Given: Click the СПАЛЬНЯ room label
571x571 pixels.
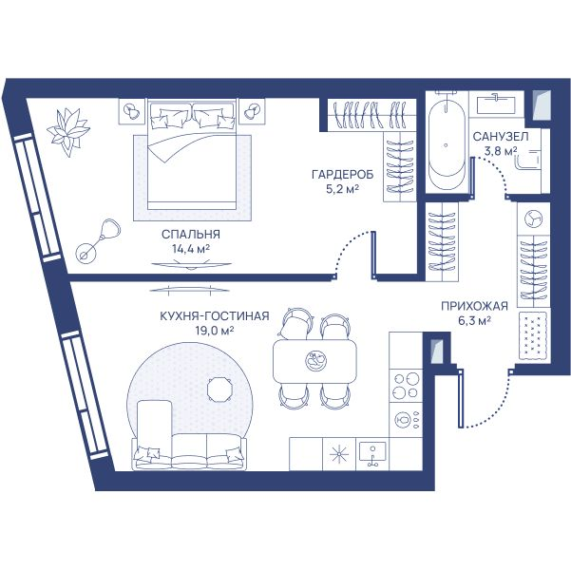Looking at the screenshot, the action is pyautogui.click(x=191, y=234).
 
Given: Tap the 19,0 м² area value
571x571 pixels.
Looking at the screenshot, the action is pyautogui.click(x=215, y=331).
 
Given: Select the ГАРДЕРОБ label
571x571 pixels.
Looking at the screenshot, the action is pyautogui.click(x=343, y=175).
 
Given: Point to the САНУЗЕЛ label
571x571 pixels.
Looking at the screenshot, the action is pyautogui.click(x=501, y=137).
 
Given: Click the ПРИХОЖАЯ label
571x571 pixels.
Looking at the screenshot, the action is pyautogui.click(x=474, y=306).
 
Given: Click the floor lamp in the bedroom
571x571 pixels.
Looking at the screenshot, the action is pyautogui.click(x=98, y=241).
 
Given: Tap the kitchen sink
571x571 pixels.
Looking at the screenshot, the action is pyautogui.click(x=372, y=454).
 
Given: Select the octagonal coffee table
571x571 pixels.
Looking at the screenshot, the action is pyautogui.click(x=220, y=390).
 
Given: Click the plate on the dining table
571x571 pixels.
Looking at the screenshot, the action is pyautogui.click(x=315, y=360).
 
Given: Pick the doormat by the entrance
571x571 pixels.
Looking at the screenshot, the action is pyautogui.click(x=534, y=335).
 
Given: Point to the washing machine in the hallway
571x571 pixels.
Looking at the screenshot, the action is pyautogui.click(x=534, y=219).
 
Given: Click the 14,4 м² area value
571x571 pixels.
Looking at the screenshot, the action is pyautogui.click(x=191, y=249).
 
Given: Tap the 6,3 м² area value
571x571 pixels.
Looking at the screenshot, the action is pyautogui.click(x=474, y=321).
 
